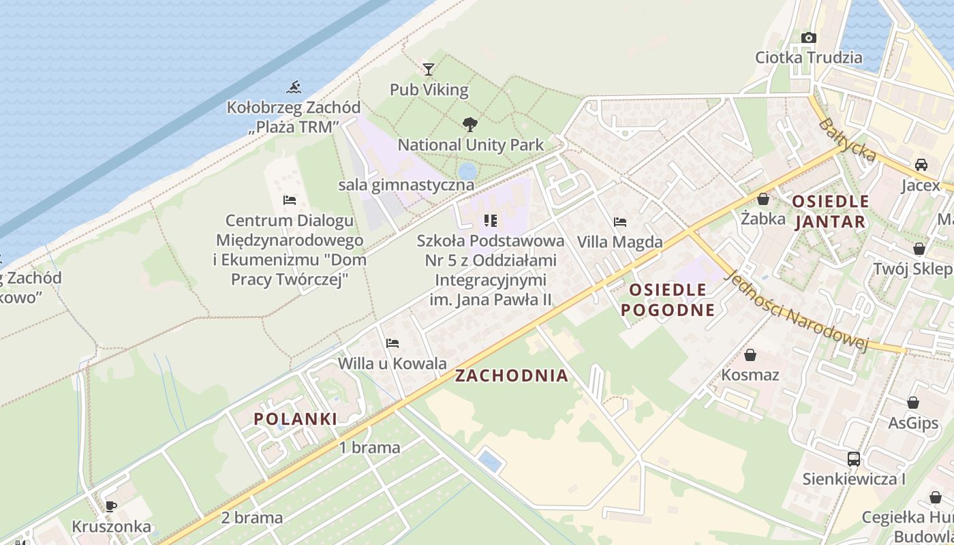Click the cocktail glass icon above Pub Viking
[x=428, y=69]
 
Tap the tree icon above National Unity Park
[x=470, y=124]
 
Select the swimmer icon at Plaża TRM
[x=294, y=87]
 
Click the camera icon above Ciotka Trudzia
[x=808, y=37]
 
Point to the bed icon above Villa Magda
[x=619, y=221]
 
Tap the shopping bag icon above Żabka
[x=763, y=199]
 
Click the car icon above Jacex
[x=921, y=164]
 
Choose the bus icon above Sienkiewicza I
[x=853, y=458]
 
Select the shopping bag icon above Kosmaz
[x=750, y=355]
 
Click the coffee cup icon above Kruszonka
[x=110, y=506]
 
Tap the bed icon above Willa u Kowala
[x=392, y=343]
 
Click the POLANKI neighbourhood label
[x=296, y=419]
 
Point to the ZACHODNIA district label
[x=511, y=375]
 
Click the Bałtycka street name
[x=847, y=140]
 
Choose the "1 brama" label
[x=369, y=448]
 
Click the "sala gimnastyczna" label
[x=406, y=185]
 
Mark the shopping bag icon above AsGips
[x=912, y=403]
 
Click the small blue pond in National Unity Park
[x=467, y=170]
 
